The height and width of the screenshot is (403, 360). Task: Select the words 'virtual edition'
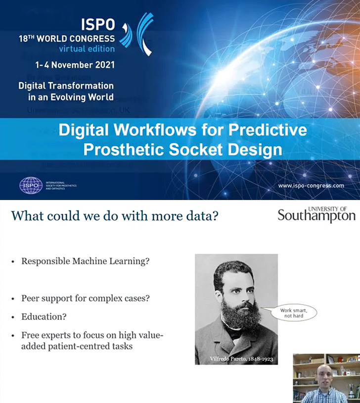pos(87,49)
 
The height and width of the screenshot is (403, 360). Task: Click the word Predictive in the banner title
pos(258,131)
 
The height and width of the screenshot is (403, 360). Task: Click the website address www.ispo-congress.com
pos(311,186)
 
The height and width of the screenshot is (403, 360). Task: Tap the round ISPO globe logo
pos(31,185)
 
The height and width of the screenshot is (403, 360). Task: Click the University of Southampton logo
pos(316,214)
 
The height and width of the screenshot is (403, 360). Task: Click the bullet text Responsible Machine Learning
pos(85,261)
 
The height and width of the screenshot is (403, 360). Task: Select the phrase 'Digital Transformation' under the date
pos(66,86)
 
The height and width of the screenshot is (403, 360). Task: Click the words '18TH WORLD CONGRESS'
pos(66,38)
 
